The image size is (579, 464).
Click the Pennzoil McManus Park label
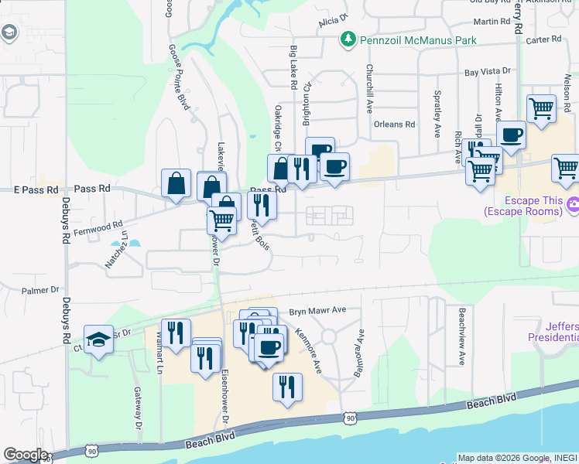[x=416, y=39]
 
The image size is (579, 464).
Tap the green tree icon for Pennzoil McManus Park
[x=348, y=39]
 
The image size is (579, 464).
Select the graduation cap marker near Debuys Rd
[x=98, y=339]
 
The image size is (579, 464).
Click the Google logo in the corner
[x=25, y=455]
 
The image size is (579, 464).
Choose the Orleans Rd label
[x=394, y=124]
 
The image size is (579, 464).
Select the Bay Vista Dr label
[x=487, y=72]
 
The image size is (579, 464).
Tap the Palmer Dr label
[x=40, y=291]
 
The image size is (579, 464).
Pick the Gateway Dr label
[x=138, y=408]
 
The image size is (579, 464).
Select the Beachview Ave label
[x=461, y=336]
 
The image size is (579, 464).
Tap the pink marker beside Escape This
[x=573, y=205]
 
